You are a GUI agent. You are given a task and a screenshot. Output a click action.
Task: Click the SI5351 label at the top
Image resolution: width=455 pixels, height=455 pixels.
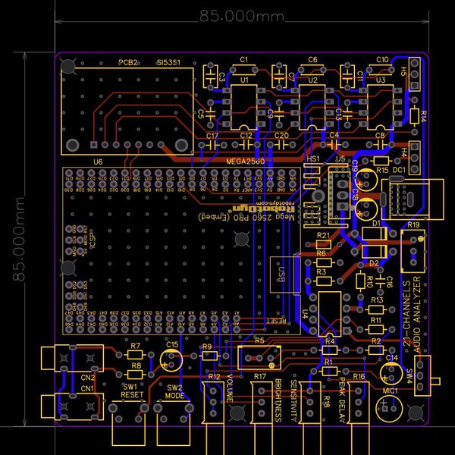169,63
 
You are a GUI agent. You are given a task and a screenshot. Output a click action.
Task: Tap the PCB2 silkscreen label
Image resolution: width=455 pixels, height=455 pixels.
127,63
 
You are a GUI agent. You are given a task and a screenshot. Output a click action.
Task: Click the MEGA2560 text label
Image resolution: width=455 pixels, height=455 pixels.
245,162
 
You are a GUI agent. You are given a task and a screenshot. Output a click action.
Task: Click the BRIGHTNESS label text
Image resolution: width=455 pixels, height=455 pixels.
278,400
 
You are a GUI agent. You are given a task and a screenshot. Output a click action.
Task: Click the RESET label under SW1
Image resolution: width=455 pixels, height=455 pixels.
132,395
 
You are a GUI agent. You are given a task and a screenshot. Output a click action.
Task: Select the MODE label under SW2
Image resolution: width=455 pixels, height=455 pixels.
174,395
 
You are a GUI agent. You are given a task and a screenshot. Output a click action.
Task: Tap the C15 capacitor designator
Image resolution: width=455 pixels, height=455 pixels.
172,345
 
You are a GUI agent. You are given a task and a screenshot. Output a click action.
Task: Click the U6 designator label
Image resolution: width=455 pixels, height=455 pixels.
98,162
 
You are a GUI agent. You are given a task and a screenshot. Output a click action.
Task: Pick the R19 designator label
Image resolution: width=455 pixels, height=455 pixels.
413,226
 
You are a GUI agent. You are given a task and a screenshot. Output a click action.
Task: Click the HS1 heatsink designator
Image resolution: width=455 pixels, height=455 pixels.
313,158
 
